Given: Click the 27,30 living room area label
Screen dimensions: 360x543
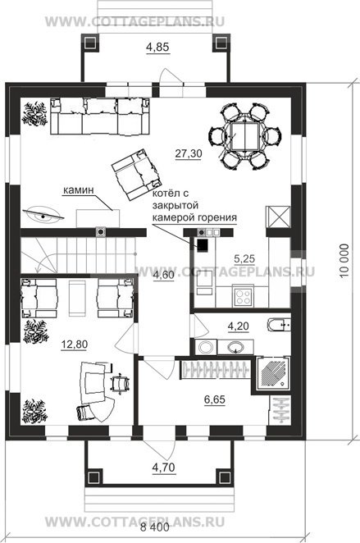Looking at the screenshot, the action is coord(189,153).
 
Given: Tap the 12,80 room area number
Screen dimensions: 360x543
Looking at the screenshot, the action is coord(75,345).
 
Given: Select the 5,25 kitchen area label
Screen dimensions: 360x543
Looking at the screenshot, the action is coord(244,258).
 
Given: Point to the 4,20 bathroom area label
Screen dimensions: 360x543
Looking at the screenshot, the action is coord(238,326).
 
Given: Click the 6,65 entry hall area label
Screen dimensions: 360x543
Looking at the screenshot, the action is coord(215,399).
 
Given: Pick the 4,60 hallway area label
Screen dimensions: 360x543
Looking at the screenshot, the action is coord(163,276).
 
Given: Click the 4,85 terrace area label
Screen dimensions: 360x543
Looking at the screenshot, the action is coord(157,47).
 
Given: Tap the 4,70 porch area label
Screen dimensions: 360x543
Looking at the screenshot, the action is coord(164,468).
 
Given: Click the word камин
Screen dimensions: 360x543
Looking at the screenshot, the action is coord(78,190).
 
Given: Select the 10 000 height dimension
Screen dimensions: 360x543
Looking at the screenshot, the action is coord(344,262).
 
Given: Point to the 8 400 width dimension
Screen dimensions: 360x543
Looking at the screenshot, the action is coord(155,527).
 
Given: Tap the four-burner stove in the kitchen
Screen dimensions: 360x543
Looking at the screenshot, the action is coord(242,296).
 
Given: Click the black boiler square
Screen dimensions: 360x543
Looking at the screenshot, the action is coord(203,244).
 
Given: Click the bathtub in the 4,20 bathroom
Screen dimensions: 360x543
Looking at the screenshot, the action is coord(279,325).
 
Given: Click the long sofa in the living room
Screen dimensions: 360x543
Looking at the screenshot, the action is coord(100,116).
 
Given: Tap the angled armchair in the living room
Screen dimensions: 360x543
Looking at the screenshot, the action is coord(137,175).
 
